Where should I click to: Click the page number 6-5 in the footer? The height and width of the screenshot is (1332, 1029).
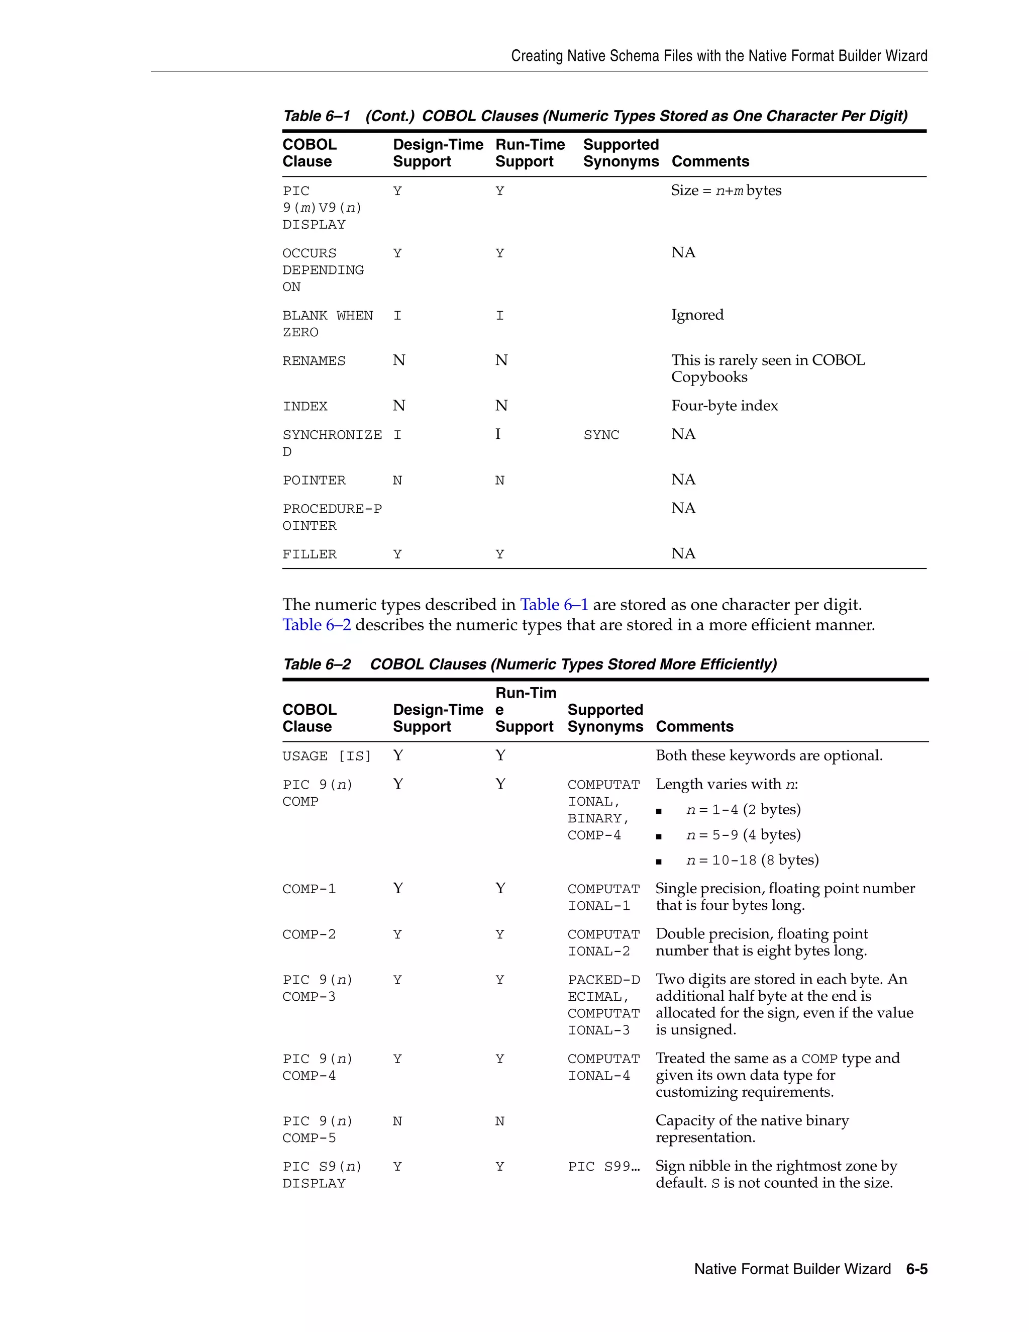pyautogui.click(x=916, y=1269)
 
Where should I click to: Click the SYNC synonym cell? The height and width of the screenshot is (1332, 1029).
pyautogui.click(x=601, y=435)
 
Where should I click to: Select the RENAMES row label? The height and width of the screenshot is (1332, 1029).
pyautogui.click(x=314, y=361)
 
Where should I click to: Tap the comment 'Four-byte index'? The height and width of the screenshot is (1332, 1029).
pyautogui.click(x=724, y=406)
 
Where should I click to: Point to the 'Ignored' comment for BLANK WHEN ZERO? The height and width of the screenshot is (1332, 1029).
pyautogui.click(x=697, y=315)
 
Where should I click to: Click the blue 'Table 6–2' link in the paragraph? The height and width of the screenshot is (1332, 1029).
pyautogui.click(x=317, y=624)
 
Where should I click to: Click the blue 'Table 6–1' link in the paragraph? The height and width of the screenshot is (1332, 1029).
pyautogui.click(x=554, y=604)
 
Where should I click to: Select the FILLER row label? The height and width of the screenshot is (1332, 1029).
pyautogui.click(x=309, y=554)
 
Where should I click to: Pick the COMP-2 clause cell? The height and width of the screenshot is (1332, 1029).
pyautogui.click(x=308, y=934)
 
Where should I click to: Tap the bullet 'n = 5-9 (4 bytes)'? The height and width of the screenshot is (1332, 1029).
pyautogui.click(x=743, y=834)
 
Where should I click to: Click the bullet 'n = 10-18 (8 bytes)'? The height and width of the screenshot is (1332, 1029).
pyautogui.click(x=752, y=860)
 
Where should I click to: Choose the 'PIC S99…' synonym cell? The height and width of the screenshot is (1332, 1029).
pyautogui.click(x=603, y=1167)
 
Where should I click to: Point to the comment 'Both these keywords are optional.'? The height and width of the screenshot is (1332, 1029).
pyautogui.click(x=769, y=755)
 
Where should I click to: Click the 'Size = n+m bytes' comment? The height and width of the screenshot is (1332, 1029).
pyautogui.click(x=726, y=191)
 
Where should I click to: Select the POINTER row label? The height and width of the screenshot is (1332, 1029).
pyautogui.click(x=314, y=481)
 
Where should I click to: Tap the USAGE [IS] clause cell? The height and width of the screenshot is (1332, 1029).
pyautogui.click(x=326, y=756)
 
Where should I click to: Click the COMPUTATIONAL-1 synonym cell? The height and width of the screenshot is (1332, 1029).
pyautogui.click(x=603, y=897)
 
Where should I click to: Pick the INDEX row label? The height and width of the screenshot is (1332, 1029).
pyautogui.click(x=305, y=406)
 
